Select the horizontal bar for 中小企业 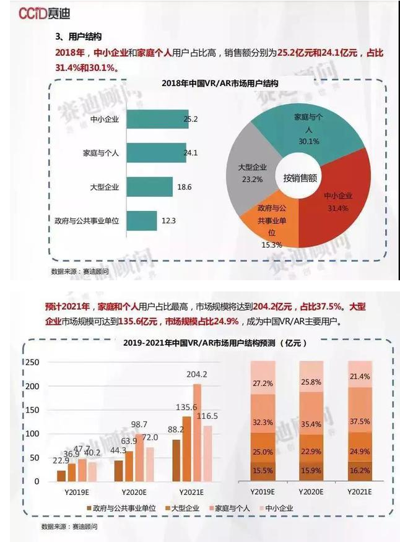(155, 119)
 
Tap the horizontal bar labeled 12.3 (142, 220)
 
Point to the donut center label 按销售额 (300, 178)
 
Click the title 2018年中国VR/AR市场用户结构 (220, 83)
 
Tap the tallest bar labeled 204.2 (197, 432)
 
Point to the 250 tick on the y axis (32, 362)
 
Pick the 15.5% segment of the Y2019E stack (263, 470)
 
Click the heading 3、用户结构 (79, 37)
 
